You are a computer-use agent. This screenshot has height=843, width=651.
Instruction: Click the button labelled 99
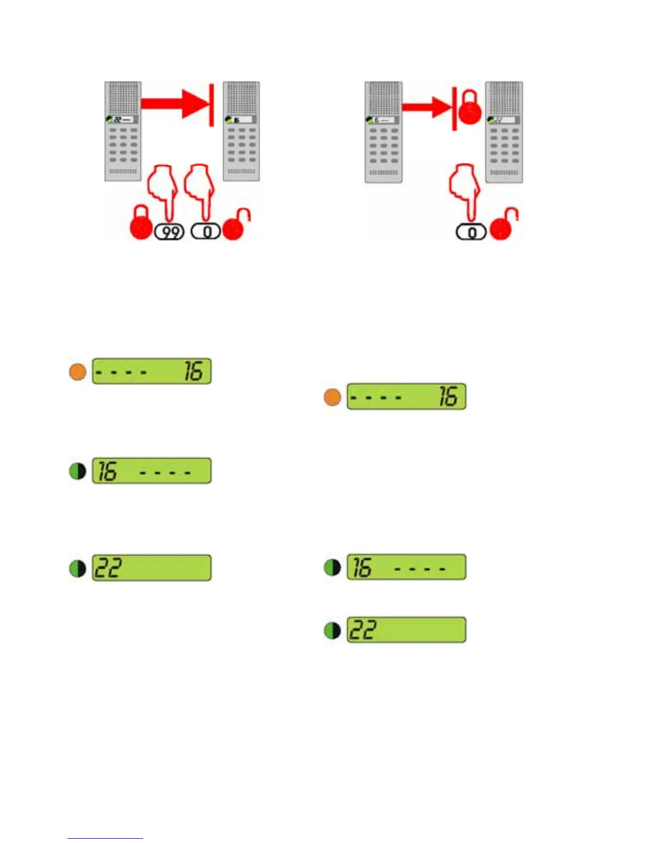pyautogui.click(x=169, y=232)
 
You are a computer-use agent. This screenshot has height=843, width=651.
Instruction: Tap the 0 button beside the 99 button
pyautogui.click(x=206, y=232)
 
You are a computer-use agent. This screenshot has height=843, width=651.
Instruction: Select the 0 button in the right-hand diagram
pyautogui.click(x=471, y=233)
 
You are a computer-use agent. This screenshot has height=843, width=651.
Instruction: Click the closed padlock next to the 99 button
pyautogui.click(x=140, y=224)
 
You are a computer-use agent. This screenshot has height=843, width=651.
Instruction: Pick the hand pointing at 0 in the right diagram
pyautogui.click(x=464, y=189)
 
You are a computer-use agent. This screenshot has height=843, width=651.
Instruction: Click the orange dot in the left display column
pyautogui.click(x=78, y=371)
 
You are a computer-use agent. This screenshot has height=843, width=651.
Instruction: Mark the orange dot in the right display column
pyautogui.click(x=332, y=397)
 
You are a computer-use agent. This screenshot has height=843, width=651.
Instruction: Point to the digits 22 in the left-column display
pyautogui.click(x=108, y=568)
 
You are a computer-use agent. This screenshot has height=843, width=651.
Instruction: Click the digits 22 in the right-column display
pyautogui.click(x=363, y=630)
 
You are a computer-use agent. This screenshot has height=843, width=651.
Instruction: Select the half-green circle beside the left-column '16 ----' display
pyautogui.click(x=78, y=471)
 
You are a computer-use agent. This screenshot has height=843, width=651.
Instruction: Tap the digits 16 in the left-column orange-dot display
pyautogui.click(x=194, y=371)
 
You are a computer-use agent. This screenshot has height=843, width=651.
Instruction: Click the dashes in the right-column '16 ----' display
pyautogui.click(x=420, y=569)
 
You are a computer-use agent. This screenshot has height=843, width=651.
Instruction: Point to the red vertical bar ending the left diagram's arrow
pyautogui.click(x=212, y=105)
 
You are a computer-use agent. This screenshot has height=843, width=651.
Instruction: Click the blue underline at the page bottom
pyautogui.click(x=105, y=838)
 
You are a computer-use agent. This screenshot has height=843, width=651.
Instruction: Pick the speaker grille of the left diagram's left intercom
pyautogui.click(x=123, y=98)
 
